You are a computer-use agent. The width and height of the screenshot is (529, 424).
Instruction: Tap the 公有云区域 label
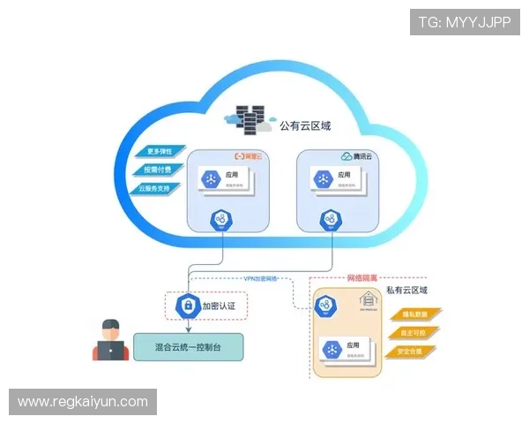pyautogui.click(x=304, y=126)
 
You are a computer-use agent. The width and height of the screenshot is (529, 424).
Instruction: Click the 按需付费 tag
pyautogui.click(x=159, y=170)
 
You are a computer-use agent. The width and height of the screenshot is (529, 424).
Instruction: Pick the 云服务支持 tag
pyautogui.click(x=159, y=189)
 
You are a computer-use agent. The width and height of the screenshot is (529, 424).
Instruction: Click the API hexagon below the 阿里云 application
pyautogui.click(x=220, y=220)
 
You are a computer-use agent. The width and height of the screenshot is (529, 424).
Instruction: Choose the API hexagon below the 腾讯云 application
pyautogui.click(x=330, y=220)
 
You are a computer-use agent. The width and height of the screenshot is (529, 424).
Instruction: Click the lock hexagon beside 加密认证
pyautogui.click(x=186, y=305)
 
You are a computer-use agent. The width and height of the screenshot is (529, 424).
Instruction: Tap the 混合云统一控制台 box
pyautogui.click(x=188, y=345)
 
